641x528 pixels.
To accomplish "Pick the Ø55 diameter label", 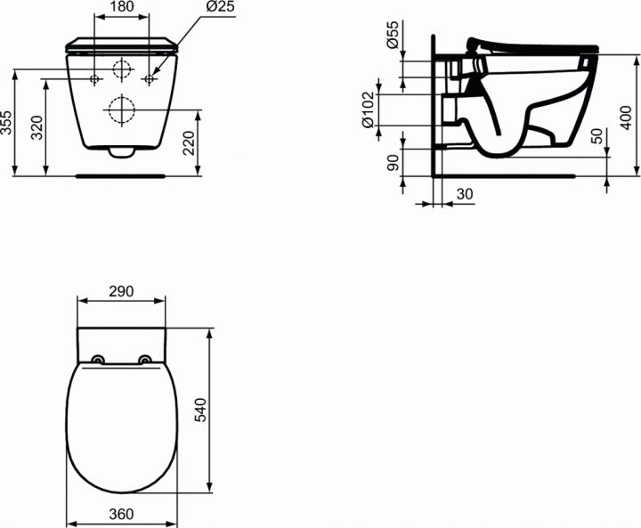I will point(392,39).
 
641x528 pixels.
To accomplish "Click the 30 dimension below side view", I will point(465,195).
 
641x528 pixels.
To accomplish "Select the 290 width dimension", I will point(122,291).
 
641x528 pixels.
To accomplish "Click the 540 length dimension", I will point(201,409).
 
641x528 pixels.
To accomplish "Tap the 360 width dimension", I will point(122,514).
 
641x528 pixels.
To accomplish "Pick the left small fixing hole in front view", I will point(95,80).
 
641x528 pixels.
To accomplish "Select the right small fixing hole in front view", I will point(150,80).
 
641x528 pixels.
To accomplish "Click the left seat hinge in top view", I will point(99,360).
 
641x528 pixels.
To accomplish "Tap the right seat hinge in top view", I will point(145,360).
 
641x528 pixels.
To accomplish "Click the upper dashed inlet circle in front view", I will point(122,69).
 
